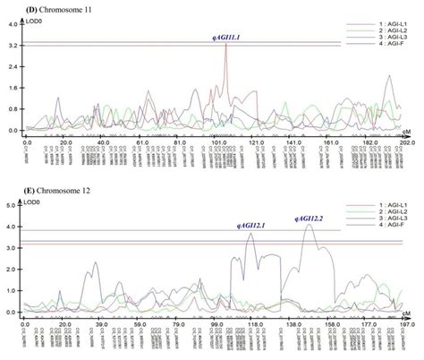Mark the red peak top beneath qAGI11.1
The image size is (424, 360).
(x=226, y=46)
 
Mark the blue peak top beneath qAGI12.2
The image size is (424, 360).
(x=310, y=225)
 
